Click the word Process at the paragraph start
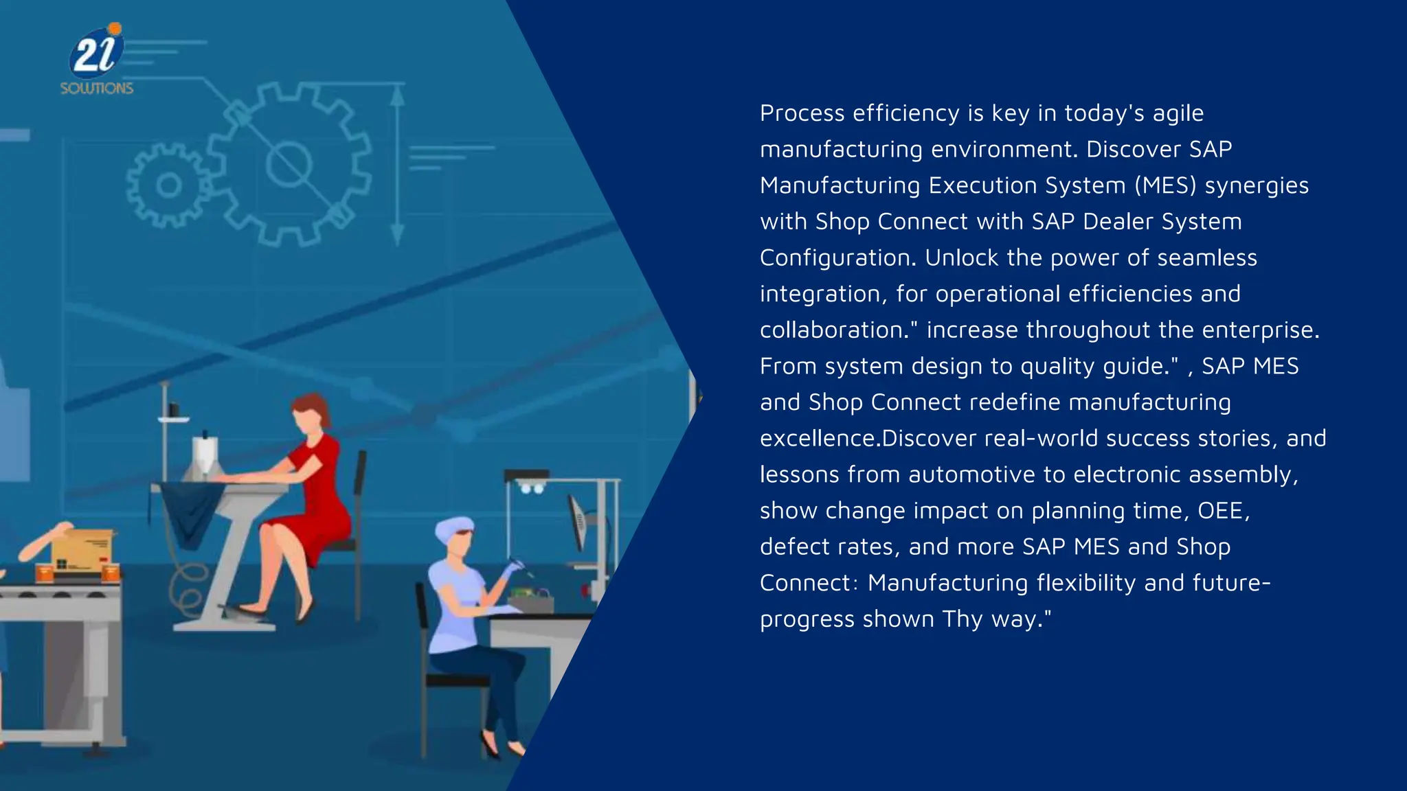[x=801, y=113]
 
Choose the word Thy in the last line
[x=963, y=619]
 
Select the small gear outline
[x=168, y=185]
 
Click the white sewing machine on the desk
[x=204, y=457]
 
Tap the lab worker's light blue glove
[x=512, y=569]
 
